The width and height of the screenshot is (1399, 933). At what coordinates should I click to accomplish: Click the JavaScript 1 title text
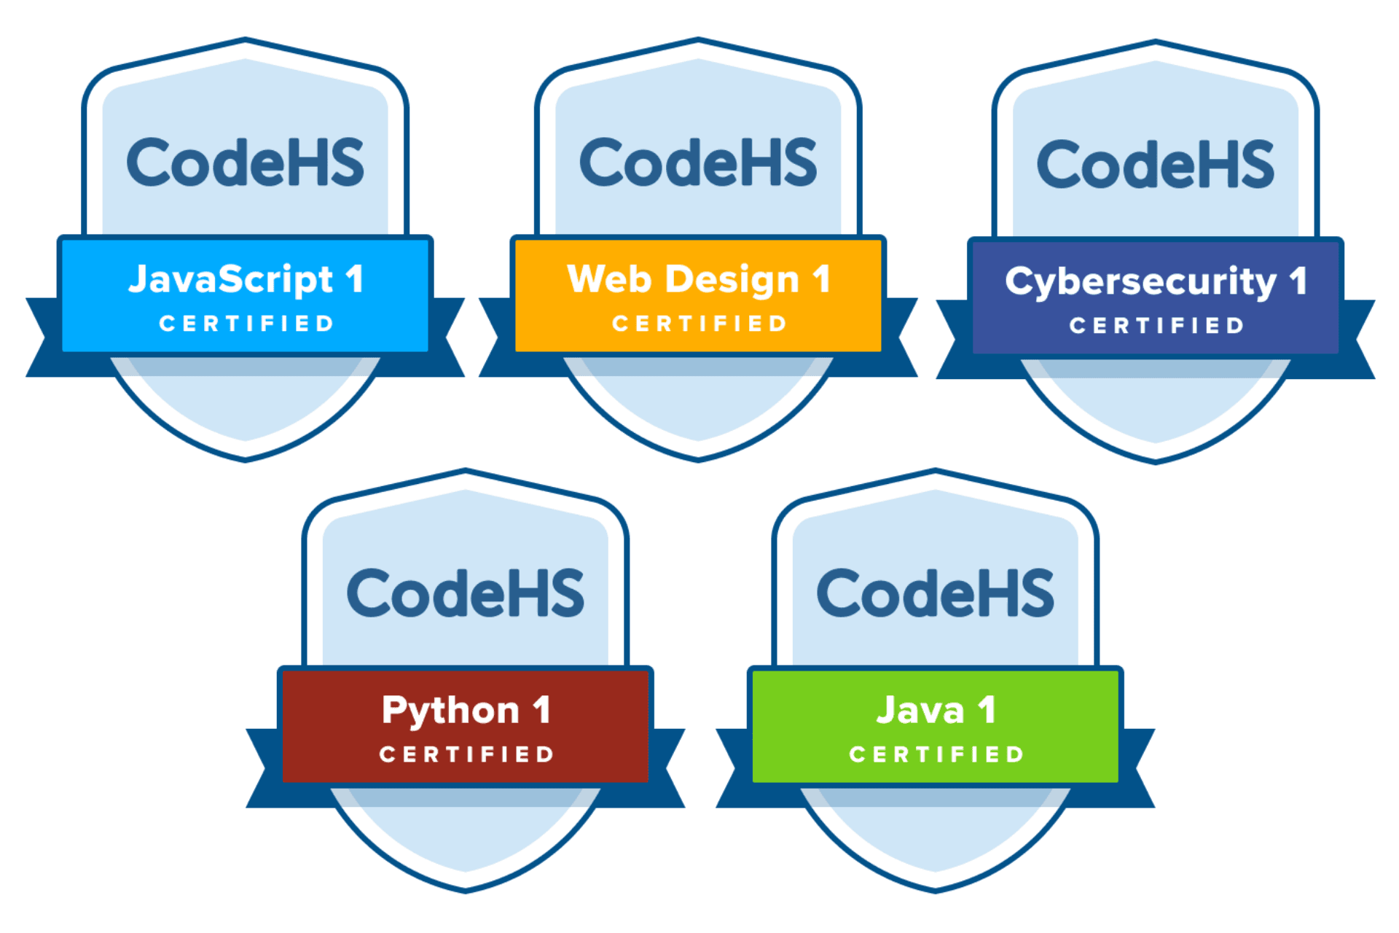pos(246,280)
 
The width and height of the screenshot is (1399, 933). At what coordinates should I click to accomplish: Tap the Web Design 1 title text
pos(698,280)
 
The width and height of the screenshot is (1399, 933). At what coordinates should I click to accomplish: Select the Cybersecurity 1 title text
pos(1155,282)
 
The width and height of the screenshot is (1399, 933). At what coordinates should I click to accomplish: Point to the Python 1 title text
pos(466,711)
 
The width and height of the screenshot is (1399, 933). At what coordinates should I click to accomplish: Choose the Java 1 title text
pos(936,711)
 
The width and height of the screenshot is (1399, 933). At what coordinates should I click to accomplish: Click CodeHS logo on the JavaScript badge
pos(246,163)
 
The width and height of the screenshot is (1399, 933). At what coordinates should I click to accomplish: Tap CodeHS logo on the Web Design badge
pos(698,163)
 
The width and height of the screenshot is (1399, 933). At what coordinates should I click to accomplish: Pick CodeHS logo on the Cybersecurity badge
pos(1155,165)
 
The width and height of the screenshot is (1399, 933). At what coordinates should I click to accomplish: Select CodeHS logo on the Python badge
pos(466,593)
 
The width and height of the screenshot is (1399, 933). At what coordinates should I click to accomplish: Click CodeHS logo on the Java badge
pos(936,593)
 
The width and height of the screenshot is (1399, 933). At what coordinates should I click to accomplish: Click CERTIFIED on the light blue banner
pos(246,324)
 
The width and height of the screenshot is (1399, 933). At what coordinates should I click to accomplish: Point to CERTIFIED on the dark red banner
pos(467,754)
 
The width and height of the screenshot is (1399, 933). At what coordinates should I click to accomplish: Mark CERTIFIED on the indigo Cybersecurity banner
pos(1156,326)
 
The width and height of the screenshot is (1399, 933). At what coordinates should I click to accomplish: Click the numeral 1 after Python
pos(541,710)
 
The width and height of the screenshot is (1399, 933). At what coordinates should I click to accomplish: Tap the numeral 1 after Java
pos(987,710)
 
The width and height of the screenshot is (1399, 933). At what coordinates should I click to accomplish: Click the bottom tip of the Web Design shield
pos(698,459)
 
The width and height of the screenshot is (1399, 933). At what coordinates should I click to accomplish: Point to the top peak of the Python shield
pos(466,471)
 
